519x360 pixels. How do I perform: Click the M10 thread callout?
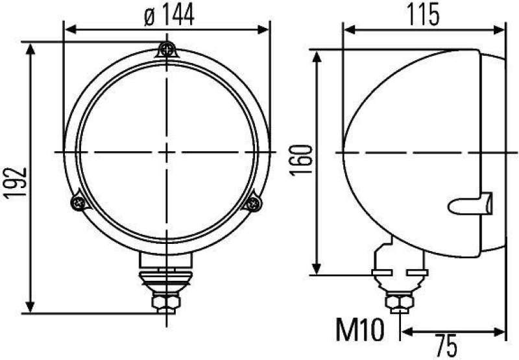pyautogui.click(x=357, y=329)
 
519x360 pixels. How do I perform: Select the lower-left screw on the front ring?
pyautogui.click(x=79, y=203)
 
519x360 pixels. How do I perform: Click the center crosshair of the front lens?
pyautogui.click(x=167, y=151)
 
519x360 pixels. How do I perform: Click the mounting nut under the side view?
pyautogui.click(x=396, y=302)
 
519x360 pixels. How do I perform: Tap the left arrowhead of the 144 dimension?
pyautogui.click(x=69, y=29)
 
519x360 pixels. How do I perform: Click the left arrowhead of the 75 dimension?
pyautogui.click(x=407, y=332)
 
